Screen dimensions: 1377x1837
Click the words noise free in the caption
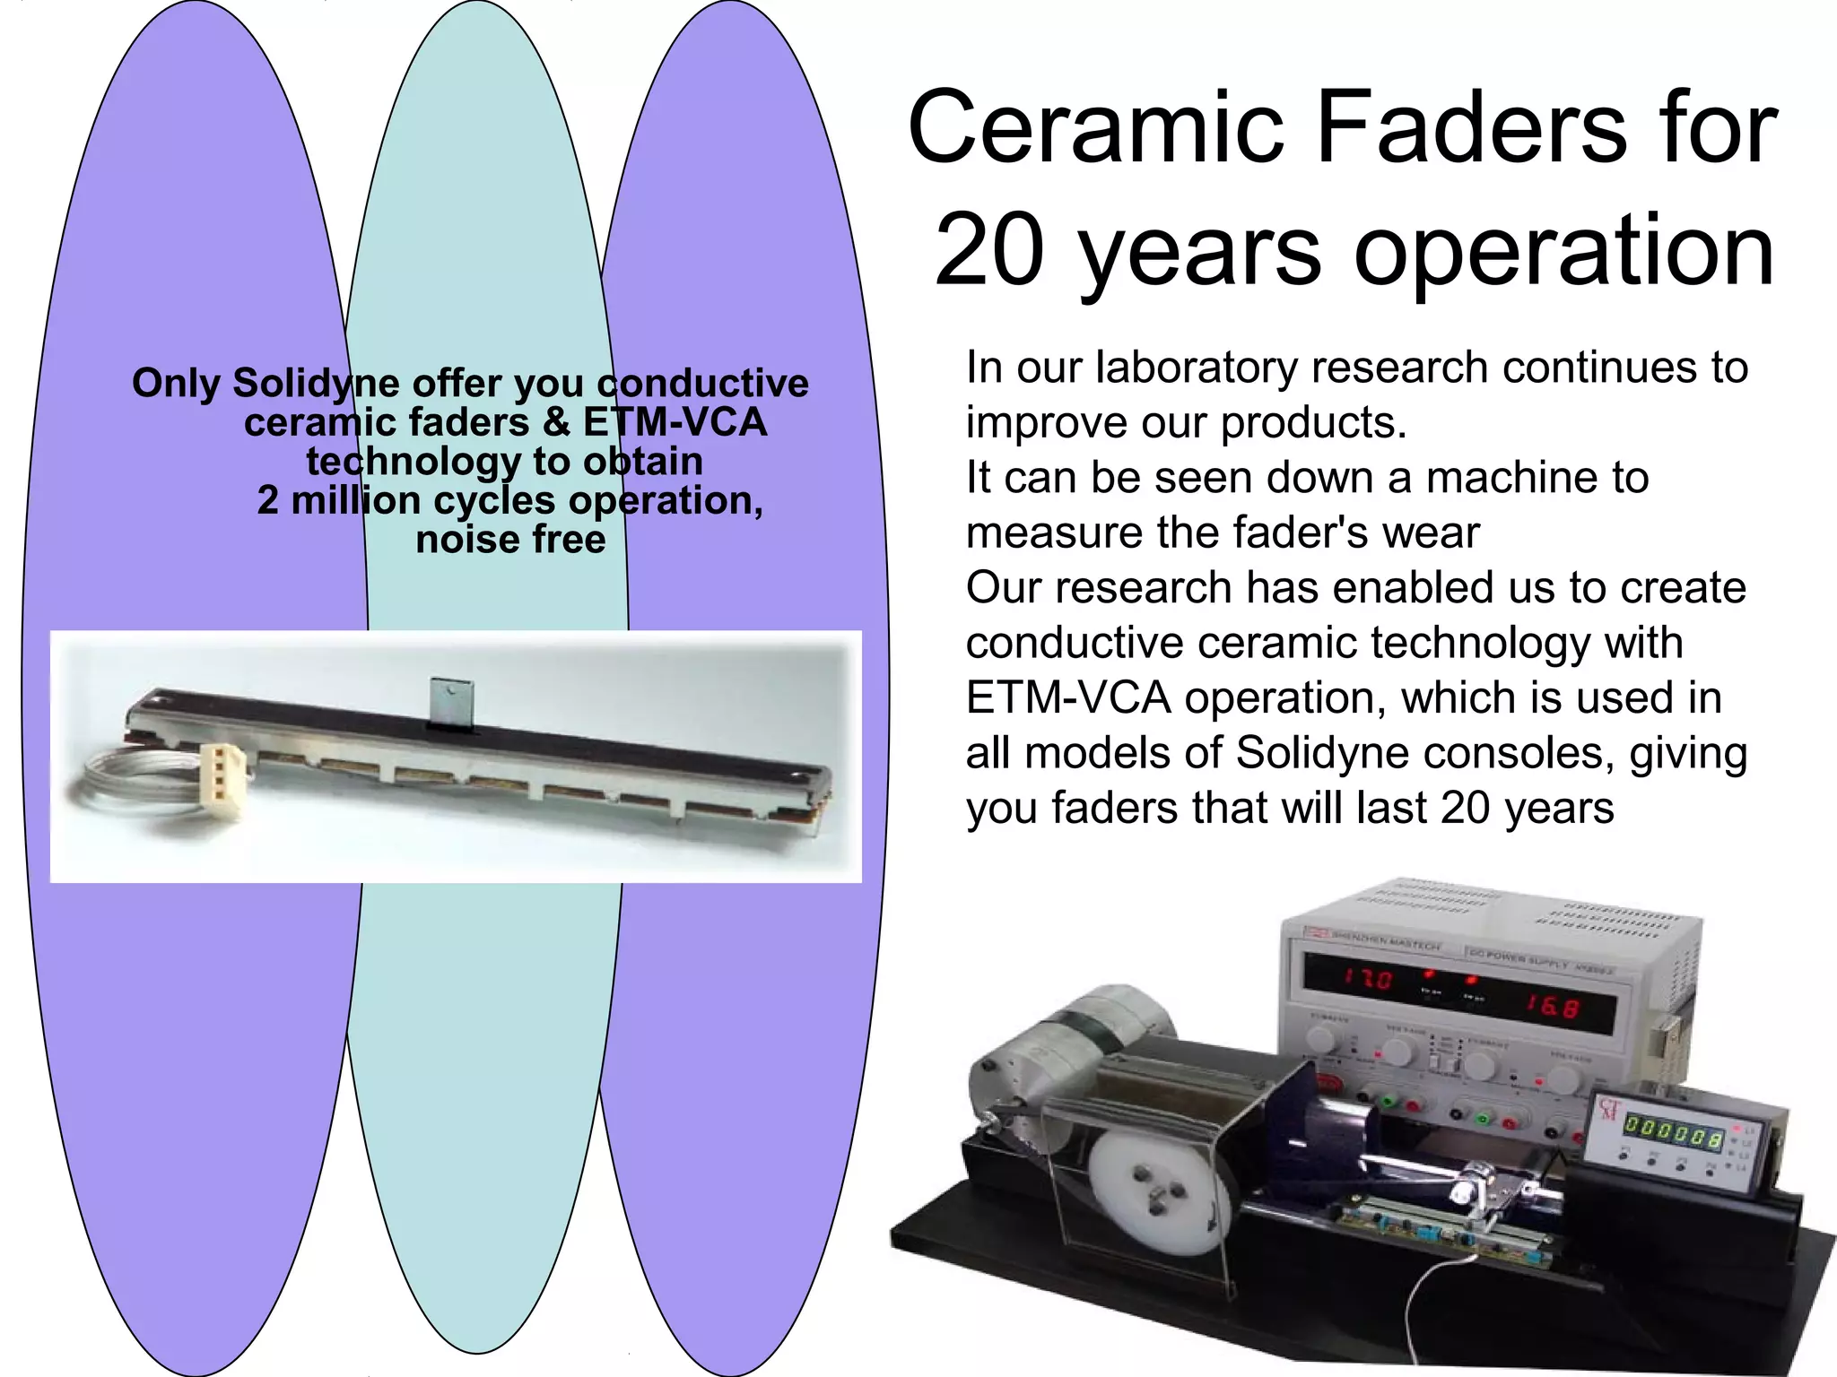tap(510, 540)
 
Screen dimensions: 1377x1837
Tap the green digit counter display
tap(1674, 1131)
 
